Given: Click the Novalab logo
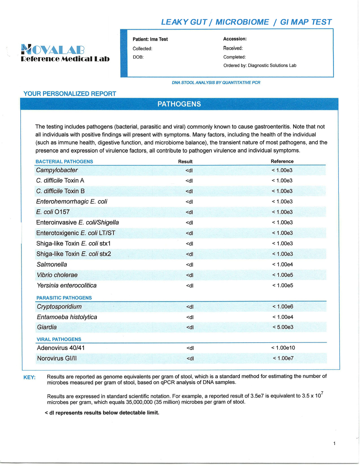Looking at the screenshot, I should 65,53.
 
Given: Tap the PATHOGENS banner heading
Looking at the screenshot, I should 179,104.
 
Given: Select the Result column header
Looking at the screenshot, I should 185,162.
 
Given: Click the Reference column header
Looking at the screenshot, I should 282,161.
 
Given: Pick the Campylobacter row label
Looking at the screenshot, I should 57,170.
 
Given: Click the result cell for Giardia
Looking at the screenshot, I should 190,327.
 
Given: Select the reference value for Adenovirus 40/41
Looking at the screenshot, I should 283,348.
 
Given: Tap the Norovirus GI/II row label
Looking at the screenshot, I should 57,358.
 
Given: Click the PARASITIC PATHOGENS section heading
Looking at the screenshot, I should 64,298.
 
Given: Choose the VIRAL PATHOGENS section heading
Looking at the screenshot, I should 59,339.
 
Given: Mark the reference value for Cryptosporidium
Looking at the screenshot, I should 283,306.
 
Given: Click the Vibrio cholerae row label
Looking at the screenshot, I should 57,275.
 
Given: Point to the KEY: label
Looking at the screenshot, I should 29,377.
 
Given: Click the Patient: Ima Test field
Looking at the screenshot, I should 150,39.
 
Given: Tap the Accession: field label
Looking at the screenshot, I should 235,39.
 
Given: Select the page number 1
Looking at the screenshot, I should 334,443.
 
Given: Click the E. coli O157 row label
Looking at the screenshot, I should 53,212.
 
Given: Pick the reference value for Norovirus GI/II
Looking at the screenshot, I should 283,358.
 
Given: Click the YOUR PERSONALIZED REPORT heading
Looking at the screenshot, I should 70,94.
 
